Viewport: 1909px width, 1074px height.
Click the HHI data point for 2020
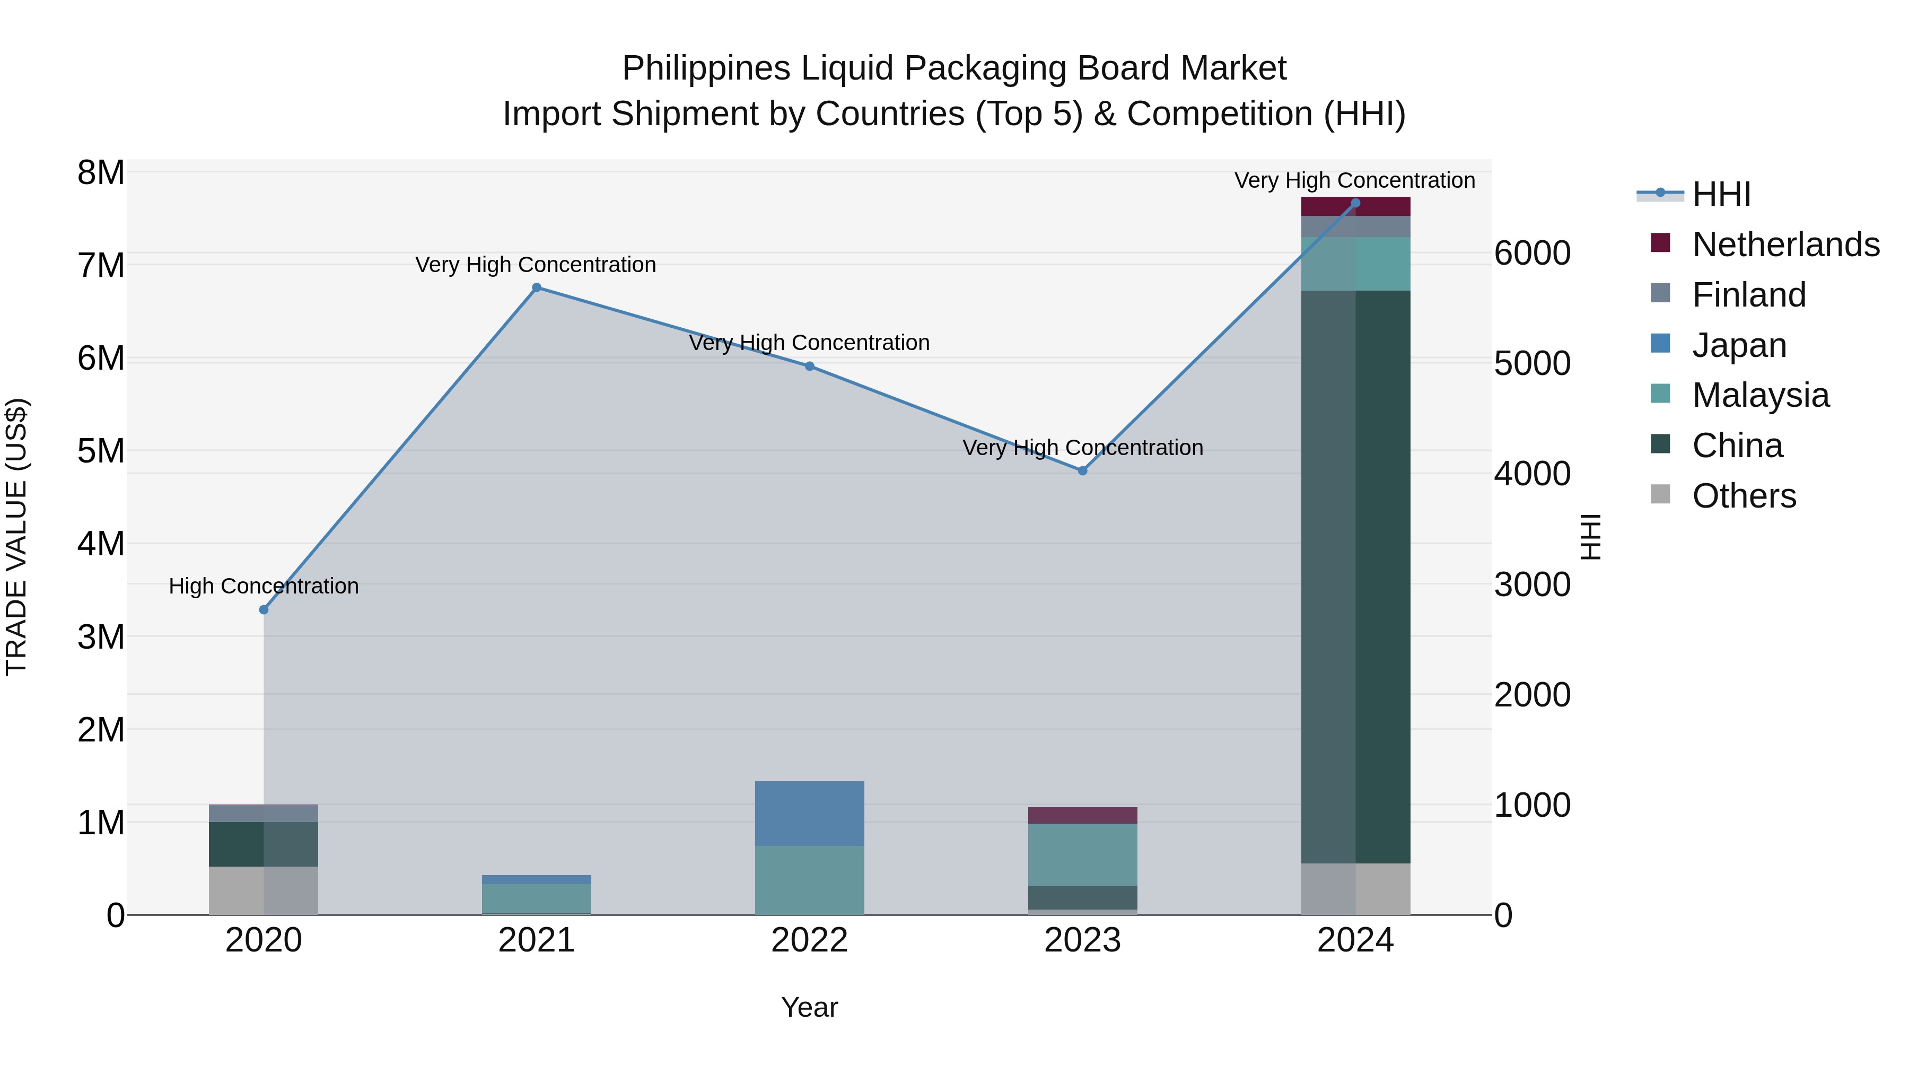(x=264, y=609)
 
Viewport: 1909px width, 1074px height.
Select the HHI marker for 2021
(x=537, y=287)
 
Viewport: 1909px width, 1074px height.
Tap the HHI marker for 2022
(x=809, y=366)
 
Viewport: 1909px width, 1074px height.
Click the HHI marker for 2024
(x=1355, y=203)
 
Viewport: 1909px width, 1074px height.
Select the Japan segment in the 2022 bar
(x=809, y=813)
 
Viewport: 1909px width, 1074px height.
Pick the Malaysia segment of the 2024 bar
(x=1355, y=264)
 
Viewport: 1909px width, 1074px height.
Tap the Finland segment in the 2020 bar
(x=264, y=813)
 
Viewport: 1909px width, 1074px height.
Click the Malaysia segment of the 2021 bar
(x=537, y=898)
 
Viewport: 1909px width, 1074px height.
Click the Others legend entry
(x=1744, y=496)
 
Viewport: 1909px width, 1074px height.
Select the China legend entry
(x=1737, y=446)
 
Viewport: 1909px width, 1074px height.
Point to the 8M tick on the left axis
(x=101, y=173)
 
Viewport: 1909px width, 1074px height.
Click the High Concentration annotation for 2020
(x=264, y=586)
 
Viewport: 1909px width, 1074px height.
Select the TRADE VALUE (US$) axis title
(x=16, y=537)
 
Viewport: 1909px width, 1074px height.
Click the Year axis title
(x=809, y=1007)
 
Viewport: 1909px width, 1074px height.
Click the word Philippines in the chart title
(x=706, y=68)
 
